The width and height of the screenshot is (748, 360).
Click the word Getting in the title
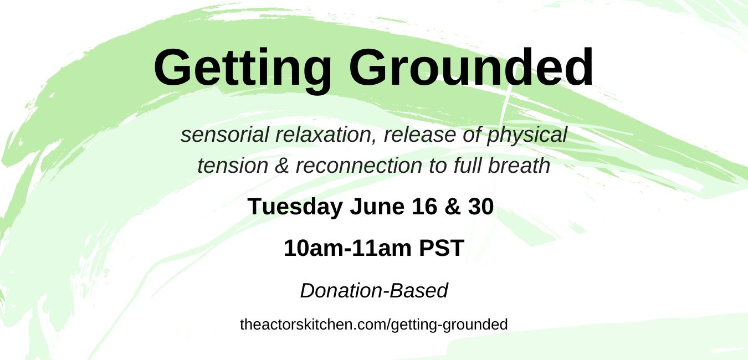(243, 69)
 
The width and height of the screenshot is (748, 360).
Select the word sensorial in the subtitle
(225, 135)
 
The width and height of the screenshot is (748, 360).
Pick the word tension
(233, 166)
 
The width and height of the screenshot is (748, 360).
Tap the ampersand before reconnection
(282, 166)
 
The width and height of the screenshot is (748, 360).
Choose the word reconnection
(359, 166)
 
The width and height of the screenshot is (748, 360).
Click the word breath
(519, 165)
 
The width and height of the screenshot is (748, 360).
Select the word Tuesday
(295, 207)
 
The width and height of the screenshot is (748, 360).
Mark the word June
(377, 207)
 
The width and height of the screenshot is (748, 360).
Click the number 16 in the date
(424, 207)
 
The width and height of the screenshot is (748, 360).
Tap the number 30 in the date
(481, 207)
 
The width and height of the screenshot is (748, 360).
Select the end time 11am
(381, 248)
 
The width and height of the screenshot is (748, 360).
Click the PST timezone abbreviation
(442, 248)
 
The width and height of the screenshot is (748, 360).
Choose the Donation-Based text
(374, 291)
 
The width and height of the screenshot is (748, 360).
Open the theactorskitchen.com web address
(373, 325)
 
